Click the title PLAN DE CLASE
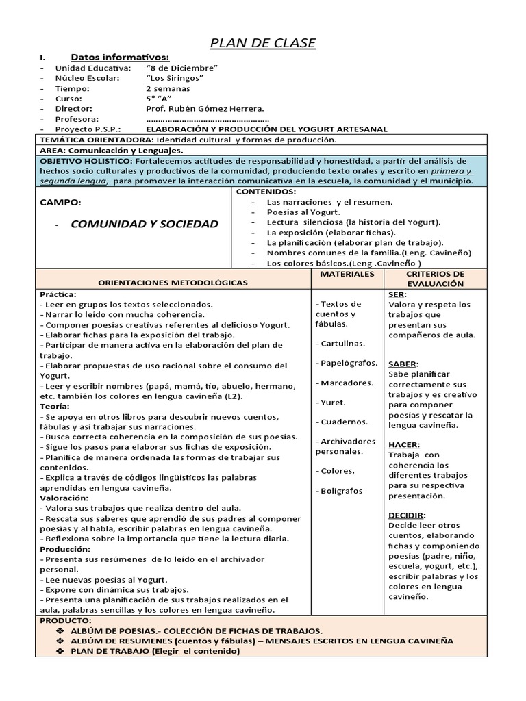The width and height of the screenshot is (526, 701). (x=262, y=43)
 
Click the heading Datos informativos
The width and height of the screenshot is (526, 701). (x=120, y=57)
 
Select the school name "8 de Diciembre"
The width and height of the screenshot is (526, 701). (x=181, y=68)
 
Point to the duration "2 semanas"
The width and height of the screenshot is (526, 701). (x=168, y=88)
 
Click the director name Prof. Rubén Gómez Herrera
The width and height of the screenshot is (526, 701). (x=205, y=109)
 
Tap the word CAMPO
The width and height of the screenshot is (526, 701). (x=59, y=203)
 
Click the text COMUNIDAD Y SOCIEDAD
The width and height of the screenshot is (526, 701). (x=145, y=223)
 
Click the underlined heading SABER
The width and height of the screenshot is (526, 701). (x=403, y=364)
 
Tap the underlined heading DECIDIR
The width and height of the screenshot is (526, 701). (x=407, y=515)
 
